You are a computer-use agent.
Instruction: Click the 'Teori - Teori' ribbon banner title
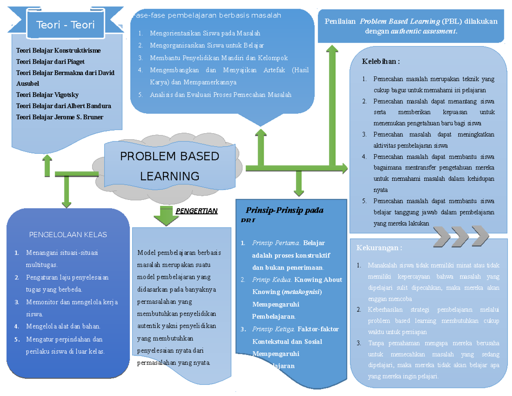coord(65,25)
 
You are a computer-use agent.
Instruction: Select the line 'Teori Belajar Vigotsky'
coord(47,95)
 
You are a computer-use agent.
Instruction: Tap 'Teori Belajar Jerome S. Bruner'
coord(59,117)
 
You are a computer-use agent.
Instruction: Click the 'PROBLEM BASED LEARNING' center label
coord(169,166)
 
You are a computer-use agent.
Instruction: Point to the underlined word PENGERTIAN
coord(197,211)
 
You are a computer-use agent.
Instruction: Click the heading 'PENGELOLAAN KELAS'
coord(68,235)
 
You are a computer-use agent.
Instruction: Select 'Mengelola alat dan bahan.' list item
coord(63,327)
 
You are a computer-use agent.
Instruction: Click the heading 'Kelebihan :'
coord(381,62)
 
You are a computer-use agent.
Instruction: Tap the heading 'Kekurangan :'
coord(379,248)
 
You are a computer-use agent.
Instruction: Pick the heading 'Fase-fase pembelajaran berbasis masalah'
coord(207,16)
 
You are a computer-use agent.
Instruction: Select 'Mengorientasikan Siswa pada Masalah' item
coord(205,33)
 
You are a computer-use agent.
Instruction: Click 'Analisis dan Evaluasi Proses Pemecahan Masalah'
coord(221,95)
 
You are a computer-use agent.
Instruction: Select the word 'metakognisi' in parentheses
coord(302,292)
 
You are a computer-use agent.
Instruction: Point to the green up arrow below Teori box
coord(47,165)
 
